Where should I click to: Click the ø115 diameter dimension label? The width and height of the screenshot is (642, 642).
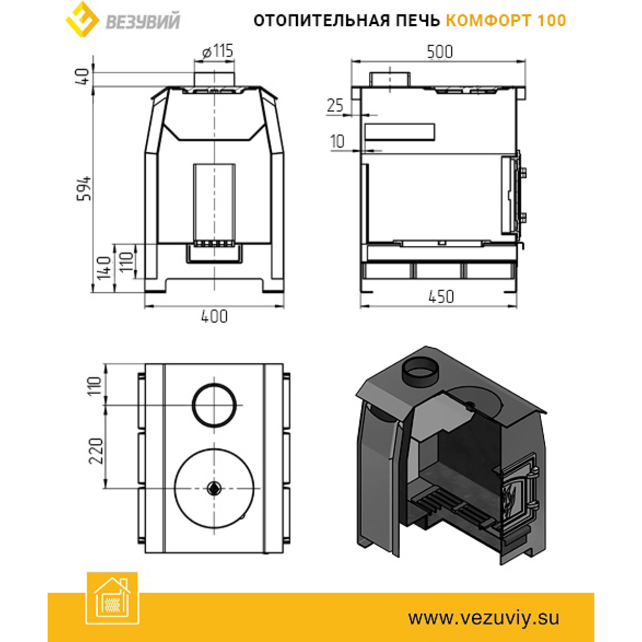point(218,51)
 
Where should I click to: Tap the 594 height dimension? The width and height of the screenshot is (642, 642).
point(84,188)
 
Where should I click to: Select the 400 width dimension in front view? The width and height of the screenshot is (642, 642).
point(214,316)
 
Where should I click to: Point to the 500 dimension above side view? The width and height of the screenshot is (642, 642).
point(440,52)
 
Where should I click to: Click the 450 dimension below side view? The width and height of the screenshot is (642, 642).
point(441,296)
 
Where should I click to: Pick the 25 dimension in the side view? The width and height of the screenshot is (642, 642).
point(335,105)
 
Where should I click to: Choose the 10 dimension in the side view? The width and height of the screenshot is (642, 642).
point(338,141)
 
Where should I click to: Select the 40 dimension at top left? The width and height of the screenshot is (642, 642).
point(83,77)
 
